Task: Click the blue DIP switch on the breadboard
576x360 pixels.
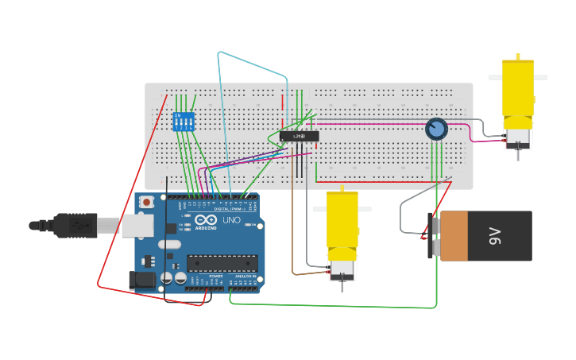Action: pyautogui.click(x=184, y=122)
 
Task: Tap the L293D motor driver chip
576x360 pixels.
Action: pyautogui.click(x=299, y=137)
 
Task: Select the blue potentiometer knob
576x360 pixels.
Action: pyautogui.click(x=436, y=129)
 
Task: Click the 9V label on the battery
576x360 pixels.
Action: pyautogui.click(x=495, y=235)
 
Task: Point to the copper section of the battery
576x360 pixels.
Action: pyautogui.click(x=454, y=236)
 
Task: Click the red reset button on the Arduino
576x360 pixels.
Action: pyautogui.click(x=147, y=203)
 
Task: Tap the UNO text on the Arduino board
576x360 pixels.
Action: pyautogui.click(x=230, y=220)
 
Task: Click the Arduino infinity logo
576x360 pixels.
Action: pyautogui.click(x=205, y=220)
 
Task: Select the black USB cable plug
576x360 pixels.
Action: pyautogui.click(x=76, y=226)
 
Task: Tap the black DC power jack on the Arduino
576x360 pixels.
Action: pyautogui.click(x=143, y=280)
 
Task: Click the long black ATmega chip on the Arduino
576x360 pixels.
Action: pyautogui.click(x=222, y=263)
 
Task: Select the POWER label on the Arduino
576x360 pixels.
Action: pyautogui.click(x=215, y=277)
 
